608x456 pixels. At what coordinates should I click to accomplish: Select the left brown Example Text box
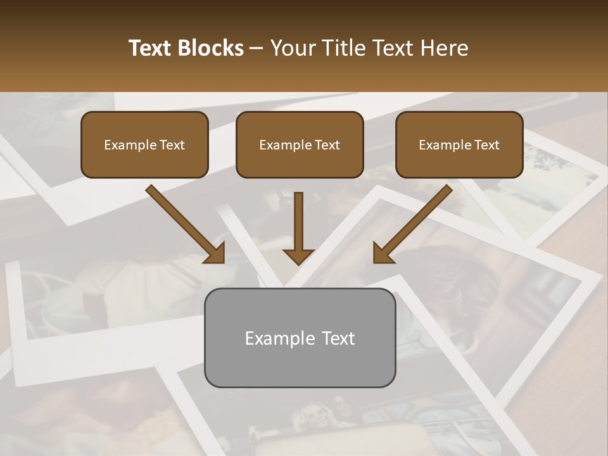pyautogui.click(x=144, y=145)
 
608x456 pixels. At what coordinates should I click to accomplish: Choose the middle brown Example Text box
pyautogui.click(x=300, y=145)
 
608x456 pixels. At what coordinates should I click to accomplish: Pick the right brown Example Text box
pyautogui.click(x=459, y=145)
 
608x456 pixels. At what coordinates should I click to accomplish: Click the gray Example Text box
pyautogui.click(x=300, y=338)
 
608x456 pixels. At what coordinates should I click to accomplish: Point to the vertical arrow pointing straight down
pyautogui.click(x=298, y=222)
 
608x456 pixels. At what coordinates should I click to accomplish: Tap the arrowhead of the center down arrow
pyautogui.click(x=298, y=256)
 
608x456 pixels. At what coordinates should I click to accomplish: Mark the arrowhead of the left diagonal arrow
pyautogui.click(x=215, y=253)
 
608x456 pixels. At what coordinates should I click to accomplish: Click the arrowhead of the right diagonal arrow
pyautogui.click(x=383, y=253)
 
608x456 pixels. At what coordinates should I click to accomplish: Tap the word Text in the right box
pyautogui.click(x=487, y=145)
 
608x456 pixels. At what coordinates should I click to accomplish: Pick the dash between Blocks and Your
pyautogui.click(x=256, y=49)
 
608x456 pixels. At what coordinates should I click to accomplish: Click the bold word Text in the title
pyautogui.click(x=151, y=48)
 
